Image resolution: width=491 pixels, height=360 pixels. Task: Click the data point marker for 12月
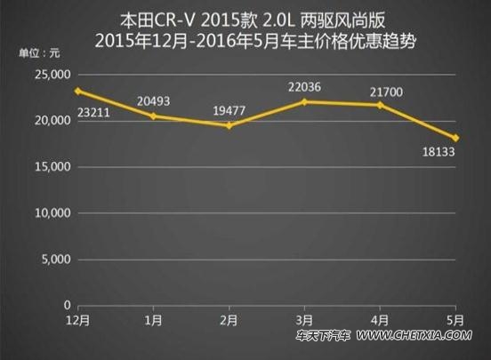tap(78, 91)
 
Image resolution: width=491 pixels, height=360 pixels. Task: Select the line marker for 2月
tap(229, 125)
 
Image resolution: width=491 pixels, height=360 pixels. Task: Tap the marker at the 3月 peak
tap(305, 101)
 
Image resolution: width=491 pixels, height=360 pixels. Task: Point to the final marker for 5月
tap(455, 138)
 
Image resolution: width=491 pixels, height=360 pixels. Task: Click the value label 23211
tap(93, 112)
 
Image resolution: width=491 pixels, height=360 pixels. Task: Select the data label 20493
tap(153, 101)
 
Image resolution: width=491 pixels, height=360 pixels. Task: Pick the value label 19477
tap(229, 111)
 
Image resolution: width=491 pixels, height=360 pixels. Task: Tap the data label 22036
tap(305, 87)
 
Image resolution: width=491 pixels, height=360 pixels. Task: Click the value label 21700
tap(386, 92)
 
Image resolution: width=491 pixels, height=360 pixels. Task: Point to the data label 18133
tap(439, 152)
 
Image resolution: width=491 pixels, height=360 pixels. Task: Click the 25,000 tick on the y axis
tap(52, 75)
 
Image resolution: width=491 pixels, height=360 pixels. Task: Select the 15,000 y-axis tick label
tap(52, 167)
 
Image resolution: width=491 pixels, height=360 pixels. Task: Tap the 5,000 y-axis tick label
tap(56, 260)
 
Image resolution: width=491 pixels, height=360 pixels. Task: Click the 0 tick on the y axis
tap(68, 305)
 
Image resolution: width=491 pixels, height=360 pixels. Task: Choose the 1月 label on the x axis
tap(153, 320)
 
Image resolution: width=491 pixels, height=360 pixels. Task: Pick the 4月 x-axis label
tap(380, 320)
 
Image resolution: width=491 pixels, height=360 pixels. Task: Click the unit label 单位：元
tap(39, 53)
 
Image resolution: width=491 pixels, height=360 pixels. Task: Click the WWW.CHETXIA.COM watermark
tap(414, 336)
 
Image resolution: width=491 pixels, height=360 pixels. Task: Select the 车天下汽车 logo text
tap(323, 336)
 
